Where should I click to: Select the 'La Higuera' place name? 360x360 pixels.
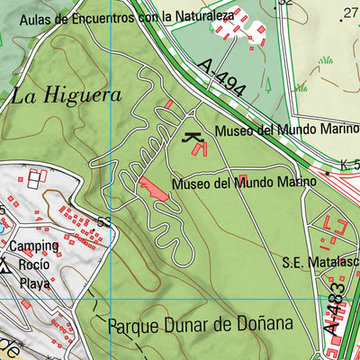click(54, 95)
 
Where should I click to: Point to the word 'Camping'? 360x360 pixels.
click(35, 246)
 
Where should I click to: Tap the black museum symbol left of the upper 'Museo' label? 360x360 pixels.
click(192, 137)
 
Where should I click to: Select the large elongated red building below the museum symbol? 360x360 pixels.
click(153, 190)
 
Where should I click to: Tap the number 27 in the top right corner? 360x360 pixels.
click(350, 12)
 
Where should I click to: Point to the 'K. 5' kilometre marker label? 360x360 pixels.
click(349, 165)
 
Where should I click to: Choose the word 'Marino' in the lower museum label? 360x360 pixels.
click(296, 182)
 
